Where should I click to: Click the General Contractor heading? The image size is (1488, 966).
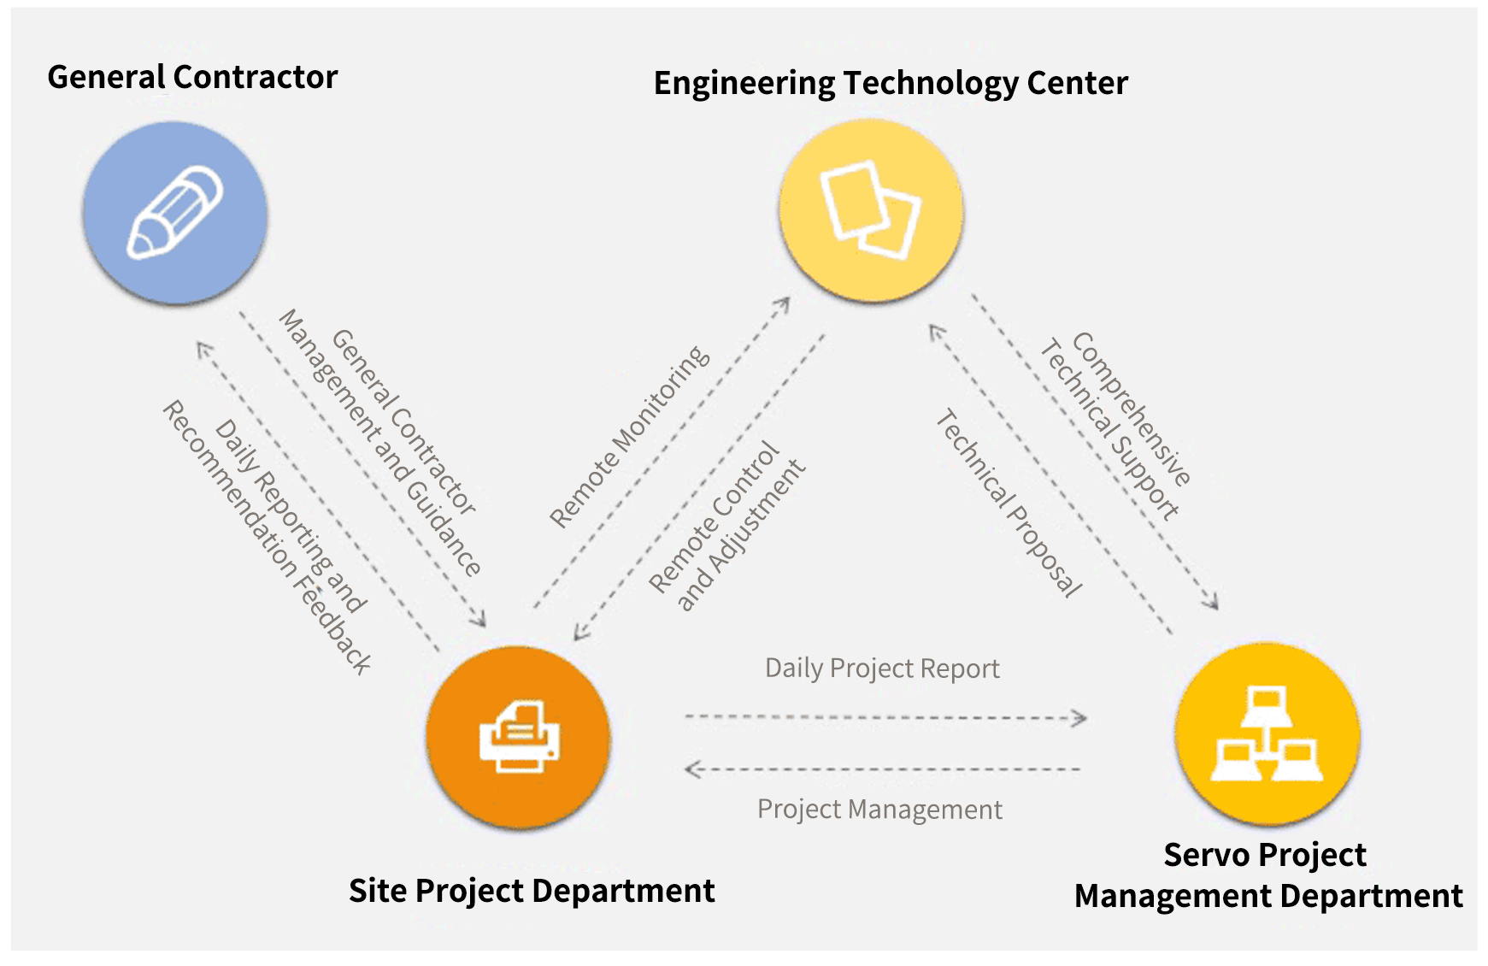coord(192,77)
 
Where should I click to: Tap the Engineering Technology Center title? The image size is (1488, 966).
coord(891,83)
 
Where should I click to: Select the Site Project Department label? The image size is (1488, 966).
coord(532,891)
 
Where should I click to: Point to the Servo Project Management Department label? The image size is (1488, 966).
coord(1267,875)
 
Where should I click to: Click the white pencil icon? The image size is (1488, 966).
coord(175,212)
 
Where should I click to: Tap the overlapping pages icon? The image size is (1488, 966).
coord(871,210)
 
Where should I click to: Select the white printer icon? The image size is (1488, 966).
coord(519,736)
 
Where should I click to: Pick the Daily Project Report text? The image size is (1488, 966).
coord(882,668)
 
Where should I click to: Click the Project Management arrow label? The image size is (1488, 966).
coord(879,809)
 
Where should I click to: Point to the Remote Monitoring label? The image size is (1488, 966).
coord(629,436)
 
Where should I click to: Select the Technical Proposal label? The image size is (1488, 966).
coord(1009,504)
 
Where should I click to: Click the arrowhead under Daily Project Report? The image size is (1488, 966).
coord(1080,718)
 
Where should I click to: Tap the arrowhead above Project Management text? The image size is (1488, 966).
coord(692,769)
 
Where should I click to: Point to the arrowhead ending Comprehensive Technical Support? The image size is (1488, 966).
coord(1212,602)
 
